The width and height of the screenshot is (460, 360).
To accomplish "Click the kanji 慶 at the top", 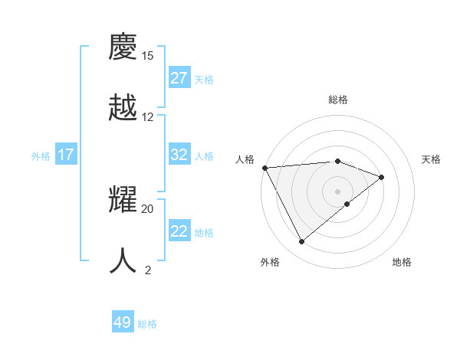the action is [x=123, y=47].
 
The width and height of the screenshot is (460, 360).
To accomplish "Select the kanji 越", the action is [x=123, y=107].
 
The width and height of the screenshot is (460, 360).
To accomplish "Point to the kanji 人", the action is [x=123, y=260].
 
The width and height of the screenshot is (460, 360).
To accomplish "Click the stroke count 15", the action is [x=148, y=56].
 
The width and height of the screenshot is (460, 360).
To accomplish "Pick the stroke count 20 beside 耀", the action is [x=148, y=208].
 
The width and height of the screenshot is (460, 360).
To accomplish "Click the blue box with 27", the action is [x=179, y=78].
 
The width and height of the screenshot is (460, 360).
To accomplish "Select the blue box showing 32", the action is [x=179, y=155].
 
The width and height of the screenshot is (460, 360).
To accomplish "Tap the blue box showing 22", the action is [x=179, y=231].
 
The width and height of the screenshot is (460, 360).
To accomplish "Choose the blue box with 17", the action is [x=66, y=155].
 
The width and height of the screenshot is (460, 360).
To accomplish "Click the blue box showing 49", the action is [x=123, y=322].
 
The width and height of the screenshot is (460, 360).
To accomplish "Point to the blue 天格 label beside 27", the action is [x=204, y=79].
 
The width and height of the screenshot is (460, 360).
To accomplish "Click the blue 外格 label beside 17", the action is [x=41, y=156].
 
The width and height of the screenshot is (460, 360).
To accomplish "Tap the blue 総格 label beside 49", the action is [x=147, y=324].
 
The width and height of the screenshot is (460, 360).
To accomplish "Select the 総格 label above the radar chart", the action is [x=338, y=100].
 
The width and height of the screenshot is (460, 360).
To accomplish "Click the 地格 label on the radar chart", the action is [x=402, y=262].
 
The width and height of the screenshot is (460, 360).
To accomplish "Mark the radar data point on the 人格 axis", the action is [x=264, y=168].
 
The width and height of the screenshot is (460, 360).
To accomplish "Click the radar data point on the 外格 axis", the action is [x=302, y=242].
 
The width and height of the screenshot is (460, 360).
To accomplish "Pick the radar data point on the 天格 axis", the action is [x=382, y=177].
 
